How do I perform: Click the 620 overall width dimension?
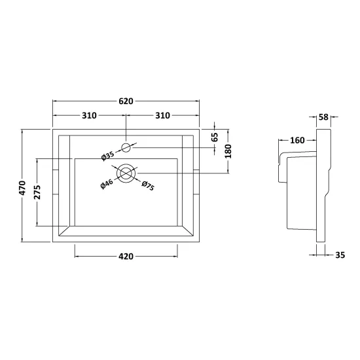tap(126, 101)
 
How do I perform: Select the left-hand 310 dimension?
tap(89, 115)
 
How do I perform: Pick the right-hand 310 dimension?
tap(162, 115)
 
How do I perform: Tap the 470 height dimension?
tap(22, 188)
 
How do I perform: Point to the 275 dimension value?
tap(37, 192)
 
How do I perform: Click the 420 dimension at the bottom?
tap(126, 256)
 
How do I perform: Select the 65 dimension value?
tap(215, 137)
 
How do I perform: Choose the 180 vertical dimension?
tap(228, 151)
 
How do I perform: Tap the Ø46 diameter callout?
tap(107, 184)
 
